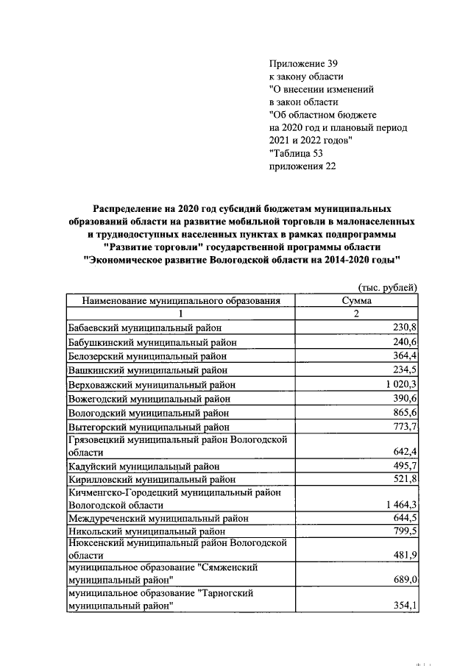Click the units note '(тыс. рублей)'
388,287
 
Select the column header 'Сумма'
357,301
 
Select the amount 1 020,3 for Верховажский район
398,384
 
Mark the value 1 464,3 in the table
398,505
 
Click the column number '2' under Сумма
356,314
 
